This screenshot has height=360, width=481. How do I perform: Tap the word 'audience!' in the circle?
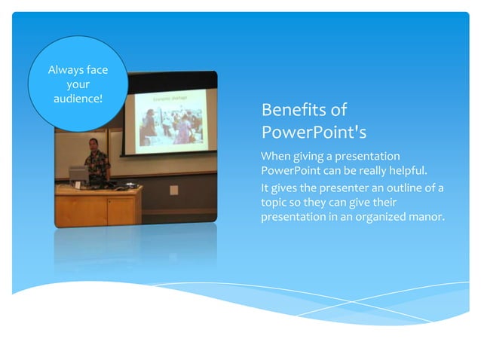78,99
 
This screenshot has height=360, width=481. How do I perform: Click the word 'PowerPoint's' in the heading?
314,133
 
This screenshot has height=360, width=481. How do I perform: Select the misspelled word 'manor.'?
426,218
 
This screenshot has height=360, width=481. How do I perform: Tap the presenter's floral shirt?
97,164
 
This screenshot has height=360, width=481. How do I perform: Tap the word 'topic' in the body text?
274,203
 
